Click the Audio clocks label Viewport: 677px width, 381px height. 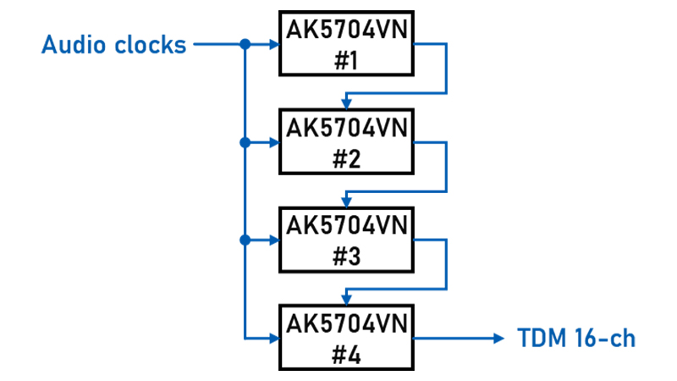113,44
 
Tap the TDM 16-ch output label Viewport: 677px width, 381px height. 575,339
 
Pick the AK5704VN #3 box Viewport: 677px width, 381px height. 347,240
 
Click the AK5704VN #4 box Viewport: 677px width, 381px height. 347,339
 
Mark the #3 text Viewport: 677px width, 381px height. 347,257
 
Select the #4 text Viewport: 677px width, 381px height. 347,355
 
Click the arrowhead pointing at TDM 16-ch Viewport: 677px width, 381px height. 498,339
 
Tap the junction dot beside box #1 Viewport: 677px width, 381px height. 245,44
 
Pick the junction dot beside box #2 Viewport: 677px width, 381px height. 245,142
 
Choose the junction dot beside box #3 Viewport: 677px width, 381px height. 245,240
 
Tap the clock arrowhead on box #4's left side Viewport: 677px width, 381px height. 273,339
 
